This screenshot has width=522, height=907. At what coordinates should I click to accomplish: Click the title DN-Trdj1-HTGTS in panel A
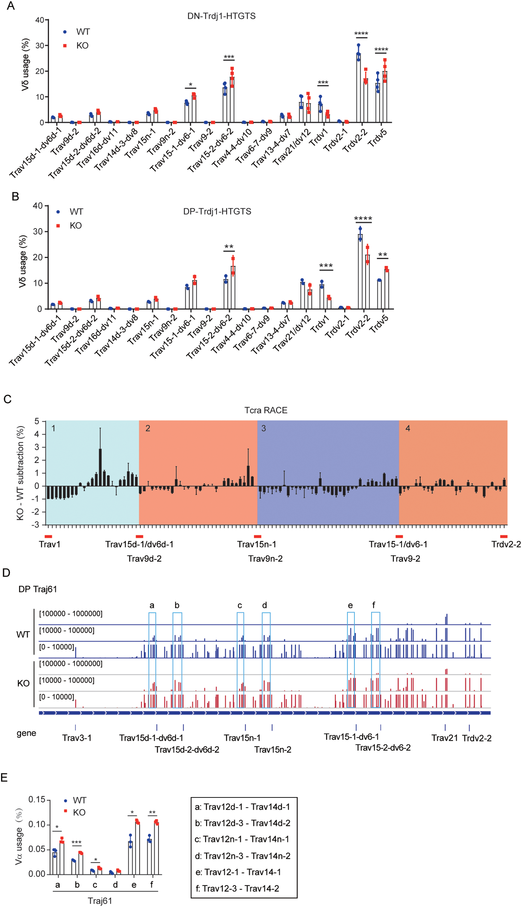pos(221,16)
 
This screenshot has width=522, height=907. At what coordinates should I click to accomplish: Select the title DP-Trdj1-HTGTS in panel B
pos(217,211)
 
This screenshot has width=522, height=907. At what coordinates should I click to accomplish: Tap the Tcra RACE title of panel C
pos(266,410)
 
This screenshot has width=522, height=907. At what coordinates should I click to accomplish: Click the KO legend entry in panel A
pos(82,45)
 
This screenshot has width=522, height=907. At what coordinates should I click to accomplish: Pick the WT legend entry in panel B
pos(76,212)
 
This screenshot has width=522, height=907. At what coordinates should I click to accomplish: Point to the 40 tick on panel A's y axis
pos(39,20)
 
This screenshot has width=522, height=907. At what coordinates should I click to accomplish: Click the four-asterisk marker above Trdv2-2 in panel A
pos(361,34)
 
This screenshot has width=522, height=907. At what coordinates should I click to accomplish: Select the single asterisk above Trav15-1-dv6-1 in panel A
pos(190,85)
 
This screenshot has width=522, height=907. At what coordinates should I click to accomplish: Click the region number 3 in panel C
pos(264,428)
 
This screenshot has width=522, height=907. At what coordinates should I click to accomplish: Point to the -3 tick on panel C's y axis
pos(36,525)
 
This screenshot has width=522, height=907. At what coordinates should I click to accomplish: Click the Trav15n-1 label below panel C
pos(256,544)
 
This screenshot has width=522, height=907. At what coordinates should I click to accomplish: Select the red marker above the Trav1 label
pos(48,536)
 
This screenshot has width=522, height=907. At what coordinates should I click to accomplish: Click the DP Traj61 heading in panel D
pos(38,589)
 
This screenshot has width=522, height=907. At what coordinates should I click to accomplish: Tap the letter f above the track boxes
pos(374,605)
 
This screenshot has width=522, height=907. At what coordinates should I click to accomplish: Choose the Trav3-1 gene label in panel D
pos(77,738)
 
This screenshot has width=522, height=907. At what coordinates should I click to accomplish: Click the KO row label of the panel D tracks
pos(23,683)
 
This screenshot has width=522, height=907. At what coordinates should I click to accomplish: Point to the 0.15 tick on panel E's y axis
pos(37,799)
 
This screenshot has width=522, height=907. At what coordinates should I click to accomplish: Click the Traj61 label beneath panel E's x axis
pos(100,900)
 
